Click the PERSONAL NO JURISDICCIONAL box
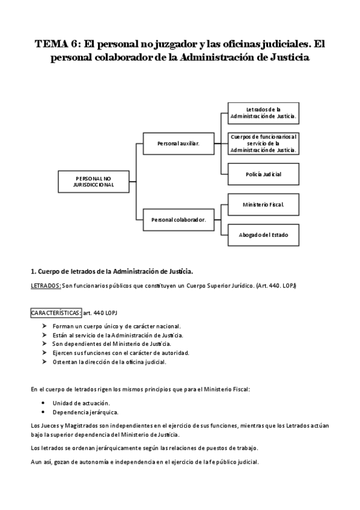click(x=94, y=182)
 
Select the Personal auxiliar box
click(x=178, y=143)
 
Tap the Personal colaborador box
click(x=178, y=220)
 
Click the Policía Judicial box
click(x=263, y=174)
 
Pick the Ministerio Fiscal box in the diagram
click(x=263, y=204)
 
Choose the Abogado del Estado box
click(x=263, y=235)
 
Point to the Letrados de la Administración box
click(x=263, y=113)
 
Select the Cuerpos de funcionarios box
click(x=263, y=143)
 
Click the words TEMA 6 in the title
click(x=58, y=44)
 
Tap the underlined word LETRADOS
click(x=46, y=286)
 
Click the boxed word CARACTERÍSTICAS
click(x=56, y=313)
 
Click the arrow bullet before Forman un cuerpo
click(x=44, y=326)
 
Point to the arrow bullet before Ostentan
click(x=44, y=361)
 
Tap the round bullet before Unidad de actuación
click(x=43, y=403)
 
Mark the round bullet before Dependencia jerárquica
click(x=43, y=412)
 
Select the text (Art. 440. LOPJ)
click(x=276, y=286)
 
